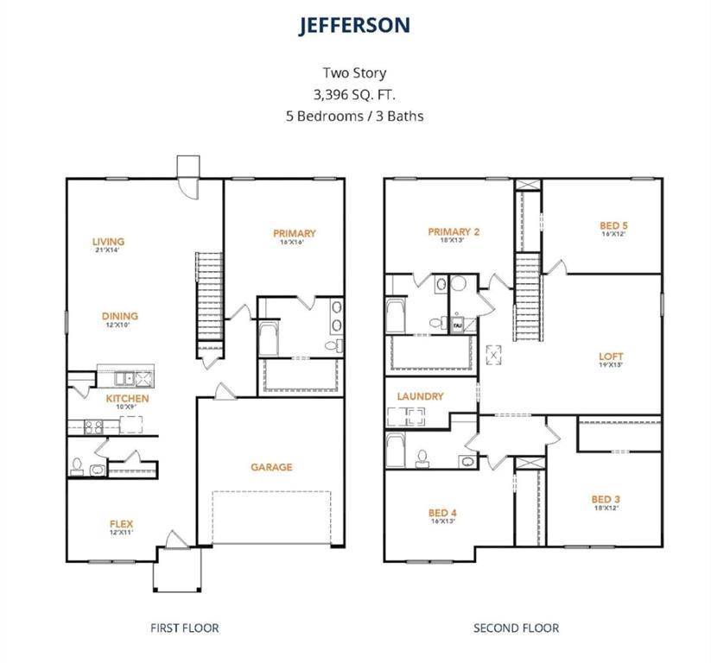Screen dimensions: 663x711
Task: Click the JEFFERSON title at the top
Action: coord(354,25)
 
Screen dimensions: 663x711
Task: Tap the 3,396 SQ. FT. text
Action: coord(354,94)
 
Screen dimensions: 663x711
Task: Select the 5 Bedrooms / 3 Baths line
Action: coord(354,115)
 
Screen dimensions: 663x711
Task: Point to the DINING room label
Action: coord(119,316)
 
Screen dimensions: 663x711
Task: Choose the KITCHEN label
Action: coord(127,399)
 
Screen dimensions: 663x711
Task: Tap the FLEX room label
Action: coord(121,524)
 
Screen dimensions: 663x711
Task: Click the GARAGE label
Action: coord(271,467)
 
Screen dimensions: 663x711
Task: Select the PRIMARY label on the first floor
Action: coord(294,233)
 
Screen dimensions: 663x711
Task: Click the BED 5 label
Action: coord(613,226)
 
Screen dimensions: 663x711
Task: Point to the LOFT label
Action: coord(610,356)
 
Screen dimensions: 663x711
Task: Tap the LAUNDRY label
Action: coord(420,396)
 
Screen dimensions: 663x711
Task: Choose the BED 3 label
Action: coord(605,499)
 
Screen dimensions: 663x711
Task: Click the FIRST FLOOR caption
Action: coord(184,628)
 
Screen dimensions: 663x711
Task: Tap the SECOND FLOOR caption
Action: coord(516,628)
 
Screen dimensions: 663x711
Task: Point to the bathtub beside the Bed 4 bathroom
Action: coord(396,449)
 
